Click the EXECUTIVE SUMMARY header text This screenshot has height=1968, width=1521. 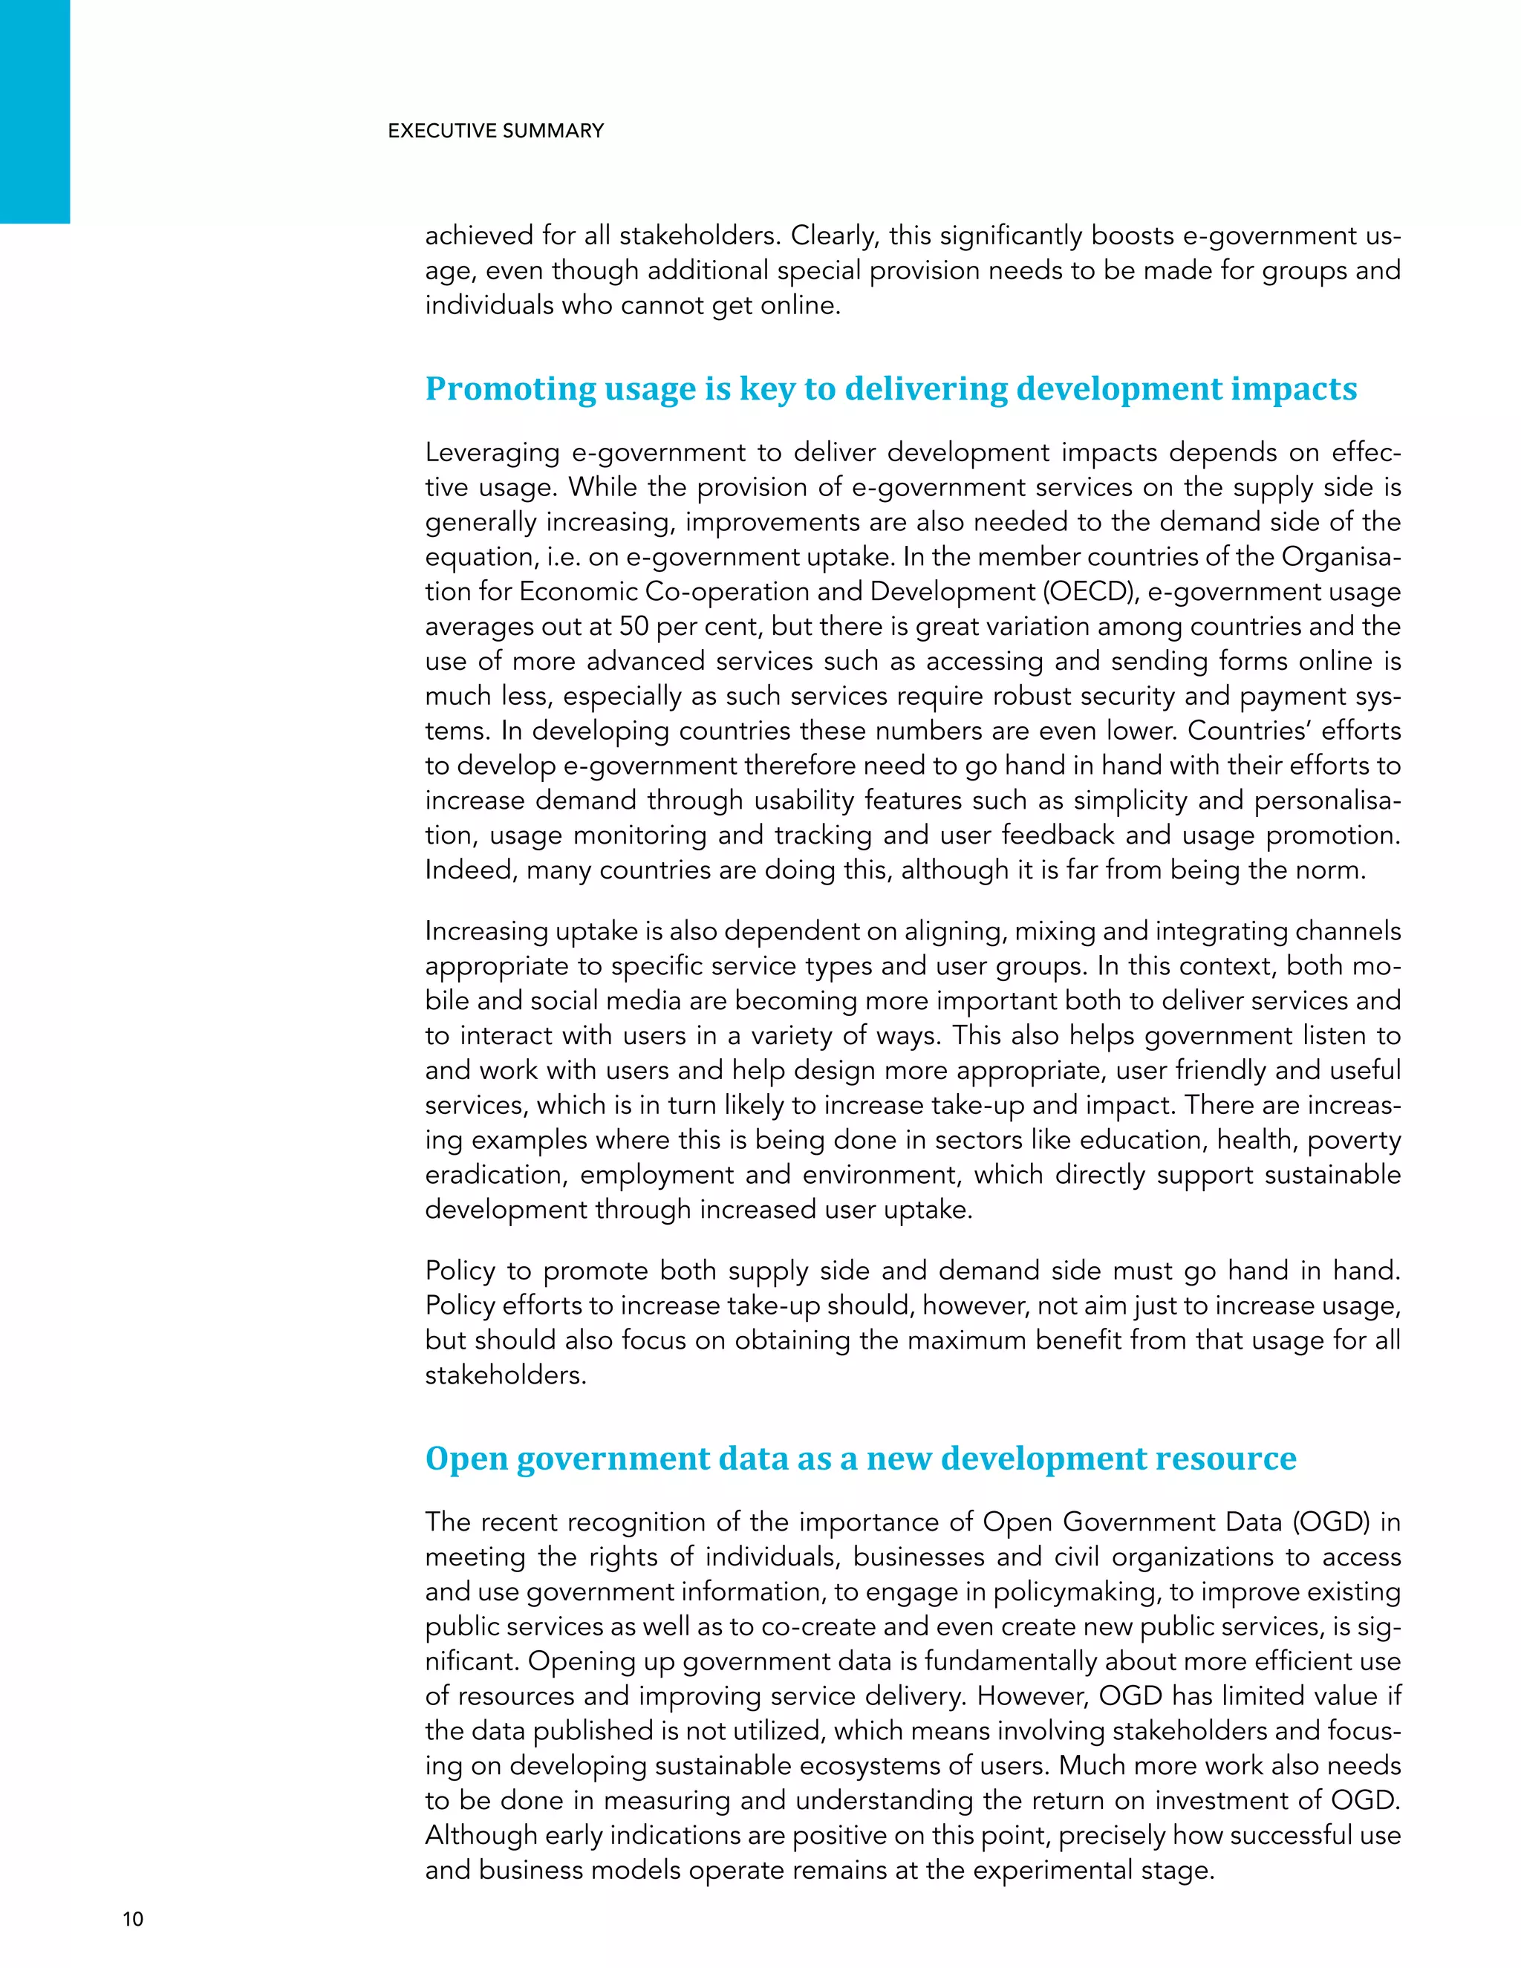(x=495, y=131)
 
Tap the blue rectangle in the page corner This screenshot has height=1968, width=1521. (x=34, y=111)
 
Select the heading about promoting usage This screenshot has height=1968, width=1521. (x=890, y=388)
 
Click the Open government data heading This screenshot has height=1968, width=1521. (x=861, y=1458)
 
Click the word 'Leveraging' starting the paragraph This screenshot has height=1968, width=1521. (x=492, y=452)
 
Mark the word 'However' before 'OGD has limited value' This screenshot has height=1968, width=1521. (x=1032, y=1696)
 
